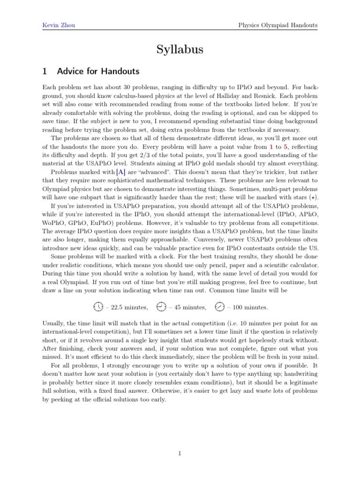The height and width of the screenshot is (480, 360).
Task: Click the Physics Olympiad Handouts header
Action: tap(277, 25)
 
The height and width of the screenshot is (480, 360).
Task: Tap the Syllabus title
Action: tap(180, 49)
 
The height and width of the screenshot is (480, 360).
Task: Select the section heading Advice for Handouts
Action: tap(98, 72)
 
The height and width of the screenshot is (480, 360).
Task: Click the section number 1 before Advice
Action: tap(45, 72)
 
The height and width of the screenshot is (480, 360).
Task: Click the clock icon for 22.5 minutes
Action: tap(98, 307)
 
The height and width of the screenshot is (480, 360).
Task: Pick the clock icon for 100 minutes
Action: tap(219, 307)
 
